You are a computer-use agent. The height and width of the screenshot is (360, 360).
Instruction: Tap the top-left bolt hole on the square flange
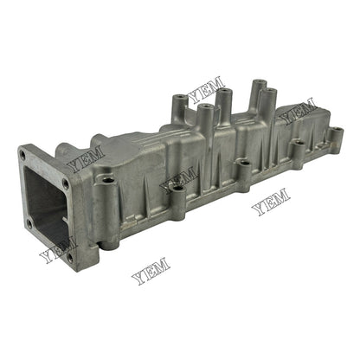pyautogui.click(x=22, y=155)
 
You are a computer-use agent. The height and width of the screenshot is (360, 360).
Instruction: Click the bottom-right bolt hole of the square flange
pyautogui.click(x=68, y=256)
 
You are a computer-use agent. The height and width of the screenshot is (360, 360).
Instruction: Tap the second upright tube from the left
pyautogui.click(x=208, y=109)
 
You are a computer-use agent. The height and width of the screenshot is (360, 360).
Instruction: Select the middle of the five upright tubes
pyautogui.click(x=222, y=90)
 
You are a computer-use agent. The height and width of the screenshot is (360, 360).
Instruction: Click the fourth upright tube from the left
pyautogui.click(x=256, y=84)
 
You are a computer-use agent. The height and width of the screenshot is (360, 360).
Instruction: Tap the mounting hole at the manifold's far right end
pyautogui.click(x=336, y=131)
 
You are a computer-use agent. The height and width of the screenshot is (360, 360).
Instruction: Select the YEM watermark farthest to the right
pyautogui.click(x=299, y=109)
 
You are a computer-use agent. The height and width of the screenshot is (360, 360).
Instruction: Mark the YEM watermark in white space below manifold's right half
pyautogui.click(x=271, y=203)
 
